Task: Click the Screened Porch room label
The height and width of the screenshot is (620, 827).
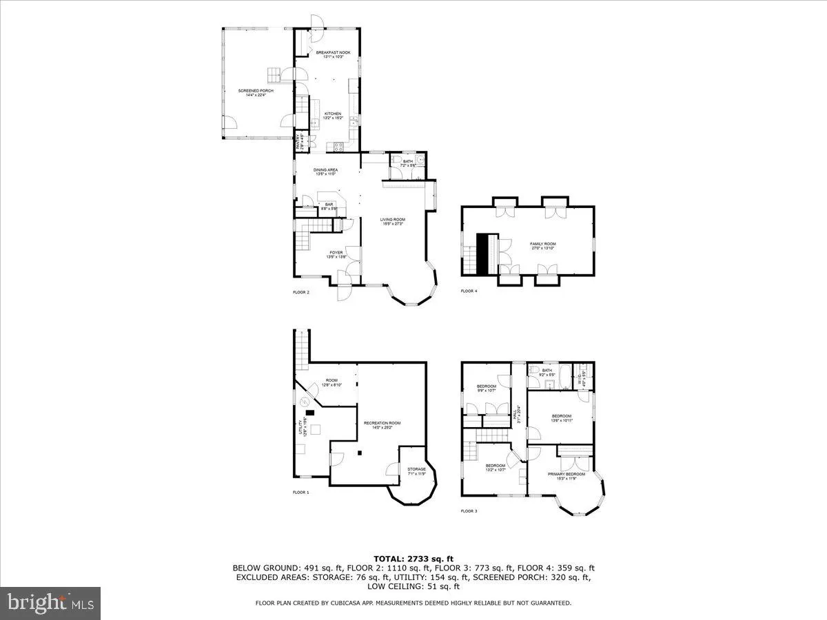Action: [252, 92]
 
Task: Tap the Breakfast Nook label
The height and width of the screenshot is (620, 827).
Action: [328, 54]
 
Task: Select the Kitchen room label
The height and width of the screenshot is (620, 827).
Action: [333, 115]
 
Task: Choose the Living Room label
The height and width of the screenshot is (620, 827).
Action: [392, 221]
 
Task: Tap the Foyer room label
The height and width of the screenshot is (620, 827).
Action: [336, 254]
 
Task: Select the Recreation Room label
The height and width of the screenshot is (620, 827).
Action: [387, 425]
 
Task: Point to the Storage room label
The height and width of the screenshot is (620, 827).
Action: [416, 471]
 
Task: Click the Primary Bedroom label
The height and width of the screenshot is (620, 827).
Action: [566, 475]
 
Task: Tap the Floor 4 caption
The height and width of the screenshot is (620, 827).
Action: [469, 291]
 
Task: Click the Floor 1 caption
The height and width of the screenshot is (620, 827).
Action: [300, 493]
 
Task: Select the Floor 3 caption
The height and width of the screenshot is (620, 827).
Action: [469, 511]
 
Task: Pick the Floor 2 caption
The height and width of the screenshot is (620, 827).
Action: [300, 292]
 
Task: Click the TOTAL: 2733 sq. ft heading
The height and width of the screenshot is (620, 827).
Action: [413, 559]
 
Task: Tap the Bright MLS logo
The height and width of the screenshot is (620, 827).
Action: [51, 603]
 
